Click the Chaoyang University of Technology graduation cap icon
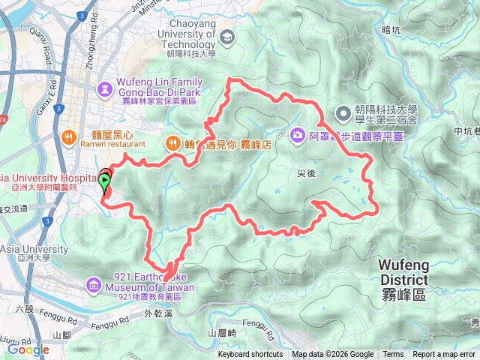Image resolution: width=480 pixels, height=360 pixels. point(226,35)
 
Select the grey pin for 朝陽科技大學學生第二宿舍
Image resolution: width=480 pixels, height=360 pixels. point(343,113)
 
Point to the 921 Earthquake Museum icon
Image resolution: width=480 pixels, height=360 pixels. point(92,284)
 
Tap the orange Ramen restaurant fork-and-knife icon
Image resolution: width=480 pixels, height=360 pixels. point(68,136)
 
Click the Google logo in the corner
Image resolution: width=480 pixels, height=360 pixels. point(28,349)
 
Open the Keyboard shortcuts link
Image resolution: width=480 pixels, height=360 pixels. point(250,355)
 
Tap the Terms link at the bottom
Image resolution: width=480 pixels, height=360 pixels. point(393,355)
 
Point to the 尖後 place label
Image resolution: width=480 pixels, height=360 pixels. point(306,172)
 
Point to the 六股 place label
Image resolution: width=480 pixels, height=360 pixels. point(25,307)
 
